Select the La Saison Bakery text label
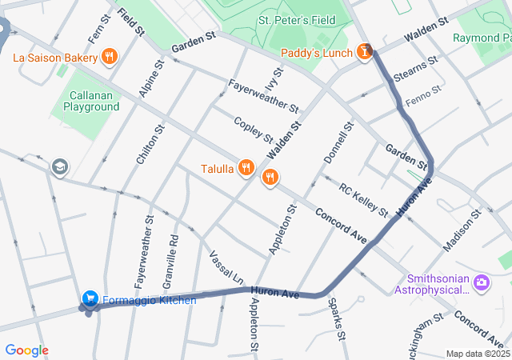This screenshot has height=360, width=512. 54,57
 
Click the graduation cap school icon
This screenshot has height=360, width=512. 59,166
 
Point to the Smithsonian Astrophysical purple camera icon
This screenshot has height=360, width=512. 481,282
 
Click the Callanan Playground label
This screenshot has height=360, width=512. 91,100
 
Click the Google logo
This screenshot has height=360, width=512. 26,350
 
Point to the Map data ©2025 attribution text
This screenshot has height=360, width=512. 477,354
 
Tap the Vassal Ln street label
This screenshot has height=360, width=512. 226,268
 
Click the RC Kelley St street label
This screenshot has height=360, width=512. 363,200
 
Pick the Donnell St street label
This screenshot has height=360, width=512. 338,143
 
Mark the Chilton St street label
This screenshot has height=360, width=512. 144,144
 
